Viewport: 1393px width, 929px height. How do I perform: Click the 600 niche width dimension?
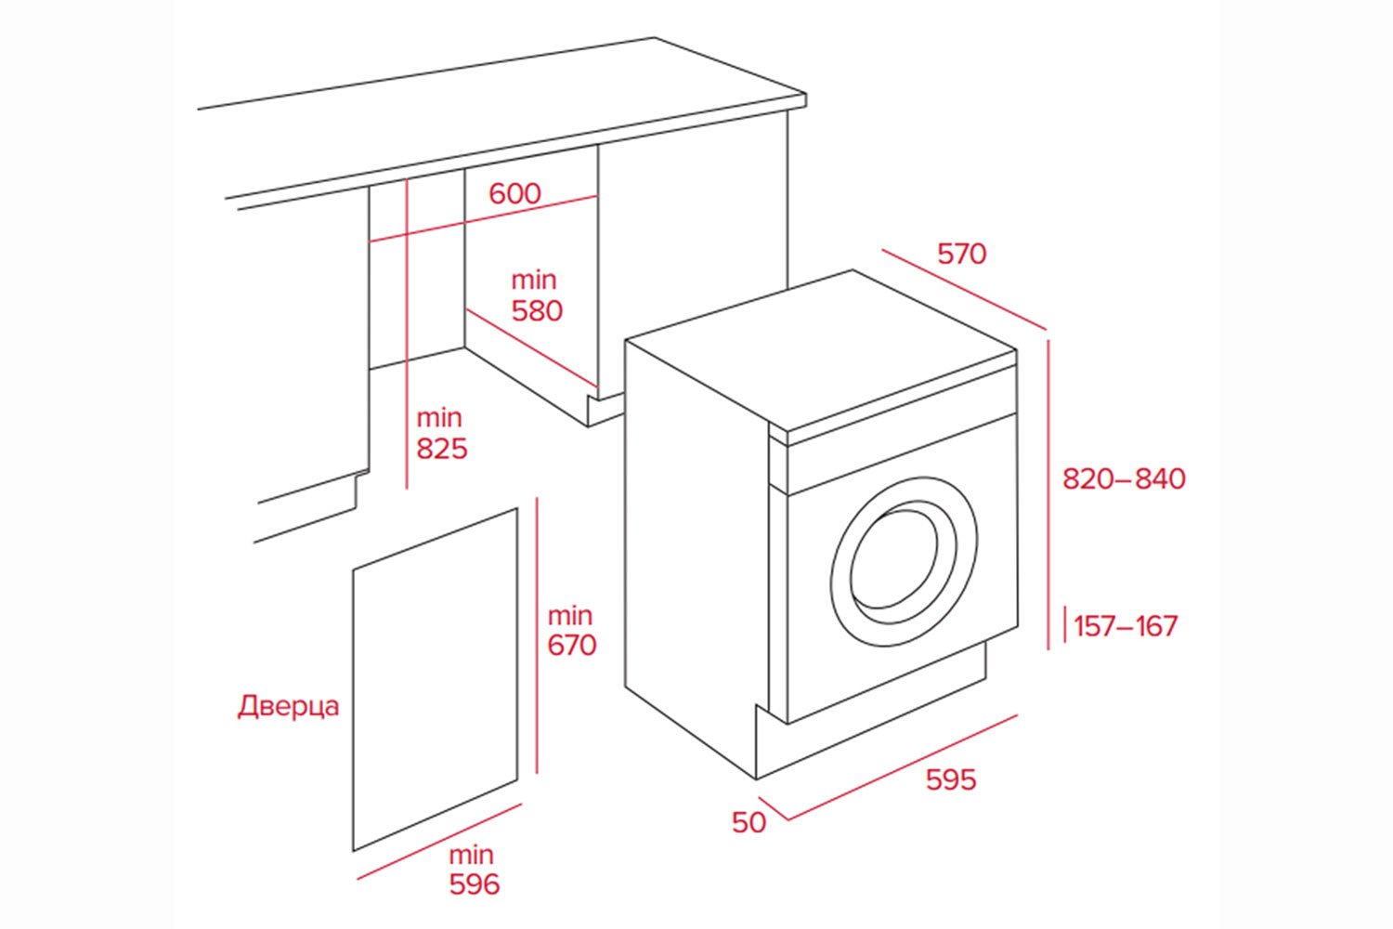coord(514,193)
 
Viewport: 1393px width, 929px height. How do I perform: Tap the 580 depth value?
coord(537,310)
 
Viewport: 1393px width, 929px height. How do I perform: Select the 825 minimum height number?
coord(441,449)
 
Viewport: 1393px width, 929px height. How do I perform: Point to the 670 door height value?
coord(571,645)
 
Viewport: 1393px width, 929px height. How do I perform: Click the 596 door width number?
coord(474,884)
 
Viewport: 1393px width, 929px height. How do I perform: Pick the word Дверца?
coord(289,706)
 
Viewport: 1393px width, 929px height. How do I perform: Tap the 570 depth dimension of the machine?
coord(961,254)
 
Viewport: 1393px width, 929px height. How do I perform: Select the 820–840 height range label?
coord(1124,478)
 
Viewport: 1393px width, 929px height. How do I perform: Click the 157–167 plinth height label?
coord(1126,626)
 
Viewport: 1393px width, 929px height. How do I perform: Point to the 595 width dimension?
coord(951,779)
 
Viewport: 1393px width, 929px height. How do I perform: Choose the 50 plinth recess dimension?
coord(749,823)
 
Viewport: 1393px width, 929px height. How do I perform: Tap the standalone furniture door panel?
coord(435,678)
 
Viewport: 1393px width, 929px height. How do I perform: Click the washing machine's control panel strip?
coord(901,451)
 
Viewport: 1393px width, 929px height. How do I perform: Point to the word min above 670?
coord(569,615)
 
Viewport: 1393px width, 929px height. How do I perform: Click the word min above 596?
coord(472,855)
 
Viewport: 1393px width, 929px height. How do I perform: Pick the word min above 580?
coord(534,280)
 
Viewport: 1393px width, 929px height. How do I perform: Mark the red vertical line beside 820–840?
coord(1049,492)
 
